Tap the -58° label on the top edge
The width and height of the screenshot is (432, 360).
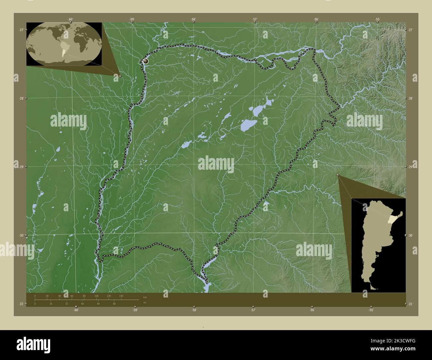click(193, 19)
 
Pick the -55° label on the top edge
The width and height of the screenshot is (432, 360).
click(378, 19)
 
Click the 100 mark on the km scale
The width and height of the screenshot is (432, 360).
click(96, 296)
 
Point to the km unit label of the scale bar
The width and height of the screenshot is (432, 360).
click(145, 297)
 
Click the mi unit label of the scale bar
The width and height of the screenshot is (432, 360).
click(145, 303)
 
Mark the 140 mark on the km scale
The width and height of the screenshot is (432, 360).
click(121, 296)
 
